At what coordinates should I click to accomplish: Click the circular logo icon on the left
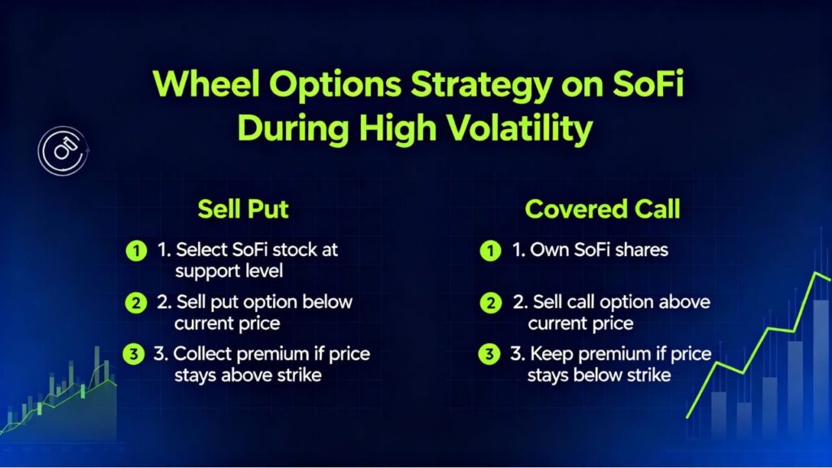coord(63,152)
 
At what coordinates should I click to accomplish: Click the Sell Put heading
coord(243,209)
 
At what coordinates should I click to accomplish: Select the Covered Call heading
coord(602,209)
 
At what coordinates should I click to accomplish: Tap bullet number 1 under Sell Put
coord(132,250)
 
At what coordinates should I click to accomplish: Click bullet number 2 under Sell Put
coord(132,303)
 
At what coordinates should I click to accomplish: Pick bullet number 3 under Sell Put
coord(132,355)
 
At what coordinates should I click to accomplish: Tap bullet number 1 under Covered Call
coord(489,250)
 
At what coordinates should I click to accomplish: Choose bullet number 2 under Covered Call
coord(489,303)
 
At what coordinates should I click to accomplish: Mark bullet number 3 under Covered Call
coord(489,355)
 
